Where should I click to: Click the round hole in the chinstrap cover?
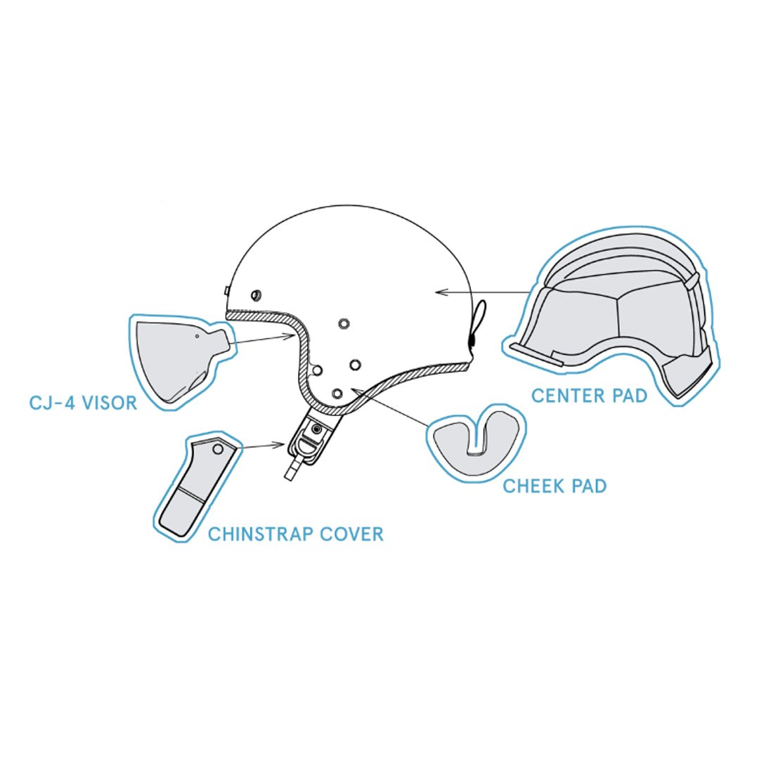tap(219, 450)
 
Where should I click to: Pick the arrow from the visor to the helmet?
tap(261, 339)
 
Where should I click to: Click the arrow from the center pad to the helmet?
tap(481, 292)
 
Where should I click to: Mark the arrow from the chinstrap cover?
tap(261, 446)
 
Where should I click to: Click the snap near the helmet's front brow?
tap(256, 294)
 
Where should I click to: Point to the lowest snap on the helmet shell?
tap(338, 393)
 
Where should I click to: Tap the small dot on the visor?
tap(197, 335)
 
